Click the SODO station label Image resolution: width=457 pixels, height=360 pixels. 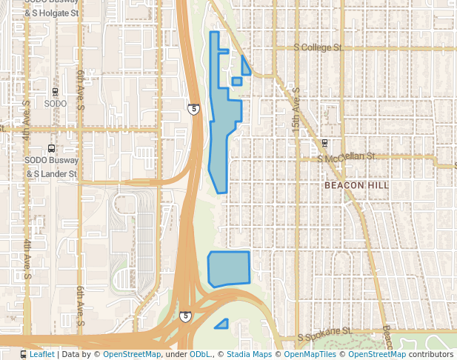56,104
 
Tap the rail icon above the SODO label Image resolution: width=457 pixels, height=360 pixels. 55,92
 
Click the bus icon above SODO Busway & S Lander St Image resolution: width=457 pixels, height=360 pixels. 50,147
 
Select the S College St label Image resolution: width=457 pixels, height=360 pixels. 317,47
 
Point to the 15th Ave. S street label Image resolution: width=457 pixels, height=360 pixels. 296,112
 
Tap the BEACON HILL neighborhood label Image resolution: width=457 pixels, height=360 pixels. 357,185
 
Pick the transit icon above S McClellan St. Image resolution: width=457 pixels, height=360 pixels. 324,143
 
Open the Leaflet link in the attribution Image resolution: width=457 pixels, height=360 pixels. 41,355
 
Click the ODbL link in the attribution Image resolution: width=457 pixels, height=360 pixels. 200,355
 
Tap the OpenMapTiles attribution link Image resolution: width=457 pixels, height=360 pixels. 310,355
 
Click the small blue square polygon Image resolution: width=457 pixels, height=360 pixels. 236,81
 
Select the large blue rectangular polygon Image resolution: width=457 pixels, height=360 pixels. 229,268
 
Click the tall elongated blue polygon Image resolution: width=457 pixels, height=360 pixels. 224,126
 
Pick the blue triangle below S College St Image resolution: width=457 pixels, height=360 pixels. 245,67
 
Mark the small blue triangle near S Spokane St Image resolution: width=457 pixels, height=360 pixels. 222,324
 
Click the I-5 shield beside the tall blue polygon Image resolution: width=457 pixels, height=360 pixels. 193,110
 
